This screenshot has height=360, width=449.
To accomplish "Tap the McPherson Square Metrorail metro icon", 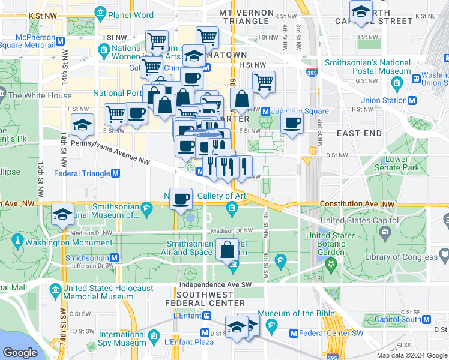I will pyautogui.click(x=60, y=41).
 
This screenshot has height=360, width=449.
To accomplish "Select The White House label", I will pyautogui.click(x=40, y=95).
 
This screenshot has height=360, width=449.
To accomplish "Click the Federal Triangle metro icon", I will pyautogui.click(x=116, y=173).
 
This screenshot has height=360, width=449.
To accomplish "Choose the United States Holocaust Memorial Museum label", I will pyautogui.click(x=108, y=292).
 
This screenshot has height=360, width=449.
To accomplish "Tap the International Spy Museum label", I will pyautogui.click(x=122, y=338).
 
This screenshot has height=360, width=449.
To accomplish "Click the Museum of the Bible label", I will pyautogui.click(x=294, y=314).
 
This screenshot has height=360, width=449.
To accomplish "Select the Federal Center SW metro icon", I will pyautogui.click(x=294, y=333).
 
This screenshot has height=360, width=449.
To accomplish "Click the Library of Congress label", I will pyautogui.click(x=411, y=257).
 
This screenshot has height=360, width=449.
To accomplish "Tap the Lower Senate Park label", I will pyautogui.click(x=402, y=163).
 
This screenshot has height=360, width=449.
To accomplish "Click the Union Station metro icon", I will pyautogui.click(x=412, y=100).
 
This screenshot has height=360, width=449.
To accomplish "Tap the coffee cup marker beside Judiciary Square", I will pyautogui.click(x=292, y=123).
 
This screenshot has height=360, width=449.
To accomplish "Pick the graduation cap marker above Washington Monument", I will pyautogui.click(x=62, y=214).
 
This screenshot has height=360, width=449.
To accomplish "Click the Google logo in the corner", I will pyautogui.click(x=20, y=353).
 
